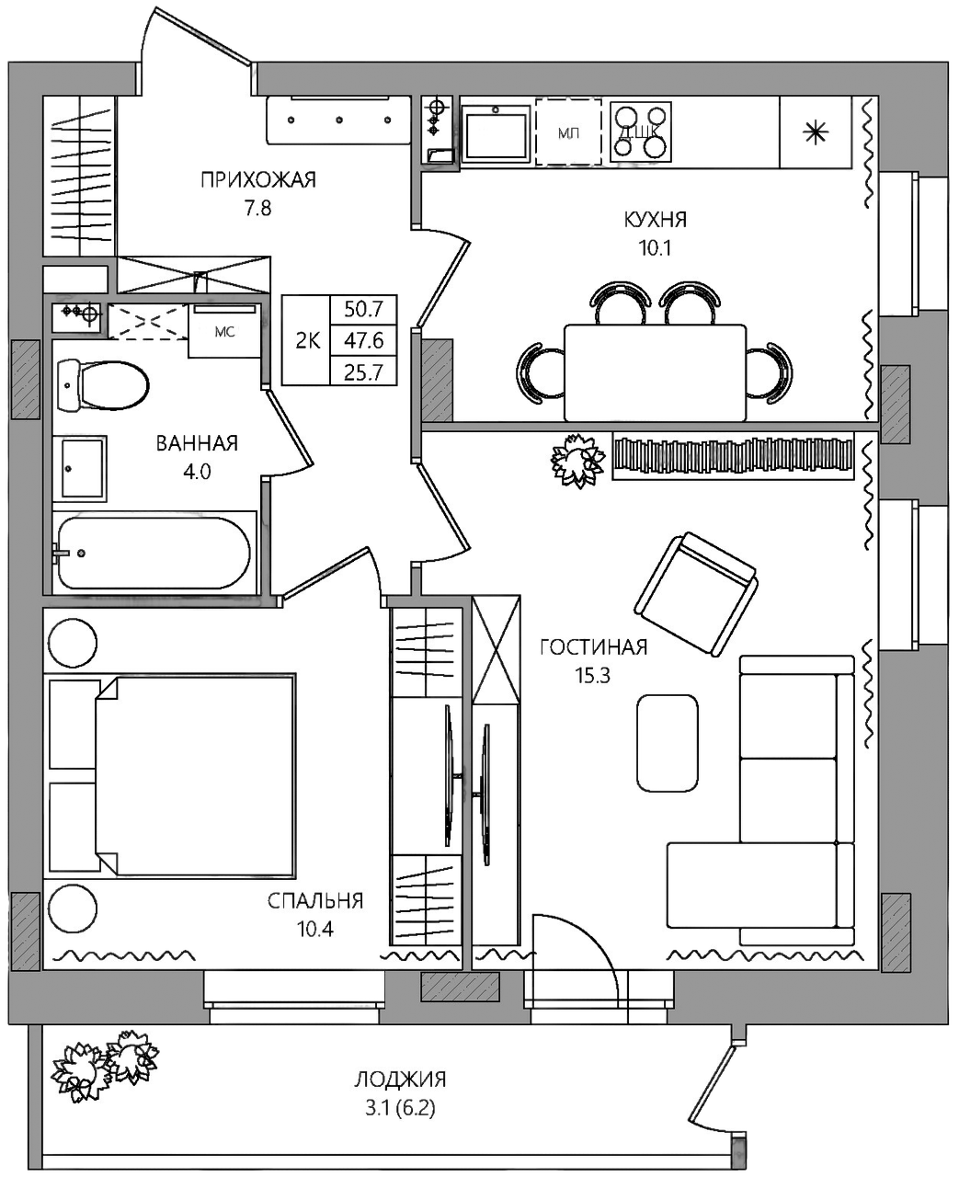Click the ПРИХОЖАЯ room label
(258, 181)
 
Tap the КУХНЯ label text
(656, 220)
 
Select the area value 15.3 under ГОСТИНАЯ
(593, 675)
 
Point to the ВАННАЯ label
(197, 443)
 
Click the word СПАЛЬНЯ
(315, 901)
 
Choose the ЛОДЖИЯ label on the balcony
(400, 1080)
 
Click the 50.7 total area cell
(363, 310)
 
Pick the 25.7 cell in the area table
(363, 372)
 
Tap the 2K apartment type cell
(308, 341)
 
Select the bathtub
(153, 554)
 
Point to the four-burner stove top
(641, 132)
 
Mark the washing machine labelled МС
(225, 331)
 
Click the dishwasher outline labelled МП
(568, 132)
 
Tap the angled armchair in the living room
(695, 594)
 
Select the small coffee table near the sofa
(668, 743)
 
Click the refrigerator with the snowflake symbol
(816, 132)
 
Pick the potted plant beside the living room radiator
(578, 461)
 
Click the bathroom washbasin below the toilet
(80, 469)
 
